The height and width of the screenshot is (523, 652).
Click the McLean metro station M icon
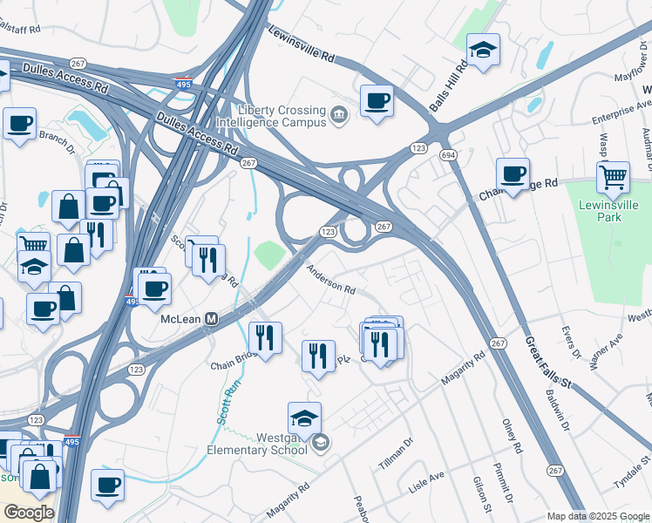click(x=211, y=319)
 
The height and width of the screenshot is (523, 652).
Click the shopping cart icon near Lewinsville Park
click(x=613, y=177)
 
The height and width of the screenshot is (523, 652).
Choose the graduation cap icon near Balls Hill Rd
click(x=482, y=51)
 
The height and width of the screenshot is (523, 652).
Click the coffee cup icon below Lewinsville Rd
click(x=377, y=101)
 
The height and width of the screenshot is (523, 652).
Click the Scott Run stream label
click(x=226, y=404)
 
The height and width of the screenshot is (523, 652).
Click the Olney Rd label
click(x=512, y=436)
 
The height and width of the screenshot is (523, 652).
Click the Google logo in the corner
click(x=28, y=513)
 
